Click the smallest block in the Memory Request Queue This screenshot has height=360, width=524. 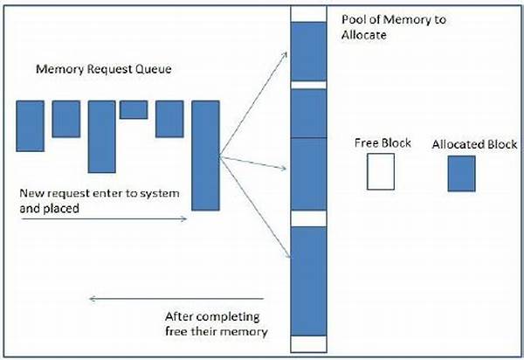pyautogui.click(x=134, y=109)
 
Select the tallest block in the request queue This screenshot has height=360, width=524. pyautogui.click(x=205, y=155)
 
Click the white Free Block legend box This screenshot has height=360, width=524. pyautogui.click(x=381, y=172)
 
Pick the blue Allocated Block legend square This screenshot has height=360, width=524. pyautogui.click(x=461, y=173)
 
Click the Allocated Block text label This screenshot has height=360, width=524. pyautogui.click(x=474, y=143)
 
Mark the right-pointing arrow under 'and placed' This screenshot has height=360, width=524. pyautogui.click(x=103, y=219)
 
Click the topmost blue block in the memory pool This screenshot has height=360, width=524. pyautogui.click(x=307, y=50)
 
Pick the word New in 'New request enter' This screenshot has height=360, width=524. pyautogui.click(x=31, y=192)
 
